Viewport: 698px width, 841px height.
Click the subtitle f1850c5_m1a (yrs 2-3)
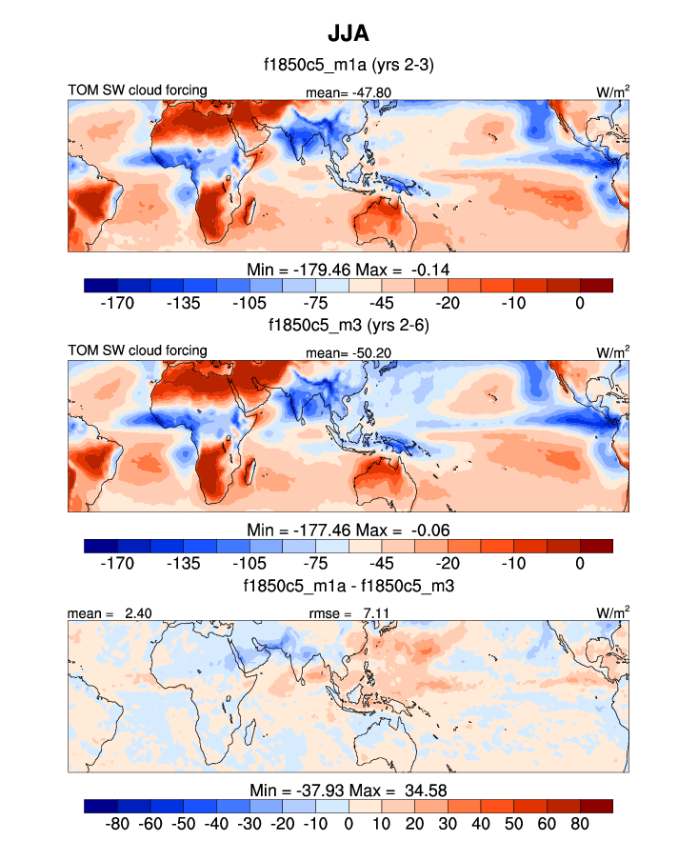click(x=349, y=66)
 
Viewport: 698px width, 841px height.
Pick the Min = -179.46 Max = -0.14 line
click(x=349, y=270)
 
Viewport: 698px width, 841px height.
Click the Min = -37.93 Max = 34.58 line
click(x=349, y=791)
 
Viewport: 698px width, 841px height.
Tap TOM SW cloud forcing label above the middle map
click(x=137, y=350)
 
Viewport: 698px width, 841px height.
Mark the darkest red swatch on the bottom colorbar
click(x=596, y=805)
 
